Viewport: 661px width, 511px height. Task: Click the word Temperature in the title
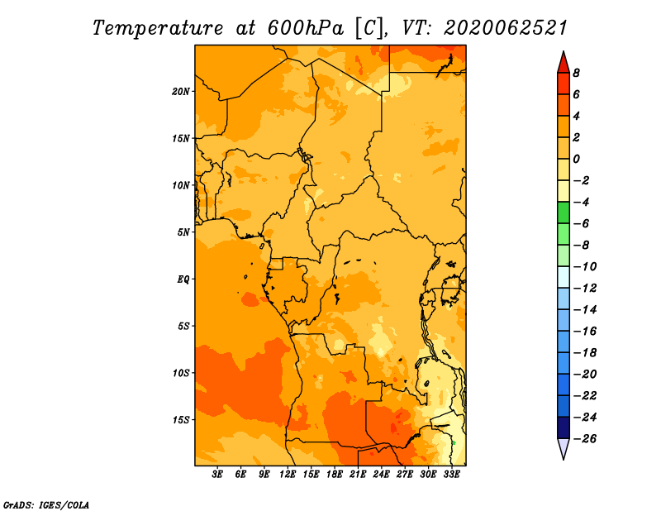click(x=158, y=28)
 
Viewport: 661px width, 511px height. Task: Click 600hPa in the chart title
click(x=305, y=28)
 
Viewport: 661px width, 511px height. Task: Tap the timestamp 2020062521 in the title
click(x=506, y=28)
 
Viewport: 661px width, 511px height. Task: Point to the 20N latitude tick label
click(x=181, y=92)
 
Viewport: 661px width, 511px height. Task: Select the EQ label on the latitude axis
click(x=183, y=279)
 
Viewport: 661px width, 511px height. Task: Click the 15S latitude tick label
click(x=181, y=420)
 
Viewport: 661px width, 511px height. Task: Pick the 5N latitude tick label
click(x=183, y=232)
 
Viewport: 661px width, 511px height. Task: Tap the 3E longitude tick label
click(x=217, y=475)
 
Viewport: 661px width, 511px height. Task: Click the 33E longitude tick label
click(x=451, y=475)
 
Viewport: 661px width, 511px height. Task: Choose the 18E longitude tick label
click(x=335, y=475)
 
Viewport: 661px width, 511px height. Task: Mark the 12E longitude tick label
click(x=288, y=475)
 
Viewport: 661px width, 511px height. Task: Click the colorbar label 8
click(x=576, y=73)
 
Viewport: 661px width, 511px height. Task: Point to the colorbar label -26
click(x=585, y=439)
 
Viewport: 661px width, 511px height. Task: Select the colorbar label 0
click(x=576, y=159)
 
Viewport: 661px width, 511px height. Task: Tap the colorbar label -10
click(x=585, y=267)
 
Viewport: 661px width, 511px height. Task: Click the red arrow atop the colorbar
click(x=564, y=64)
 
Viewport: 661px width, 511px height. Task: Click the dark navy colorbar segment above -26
click(x=564, y=427)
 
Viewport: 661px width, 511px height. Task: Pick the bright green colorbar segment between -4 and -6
click(x=564, y=213)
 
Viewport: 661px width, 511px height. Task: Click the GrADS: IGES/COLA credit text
click(x=46, y=505)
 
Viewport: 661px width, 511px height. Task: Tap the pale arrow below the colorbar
click(x=564, y=448)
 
